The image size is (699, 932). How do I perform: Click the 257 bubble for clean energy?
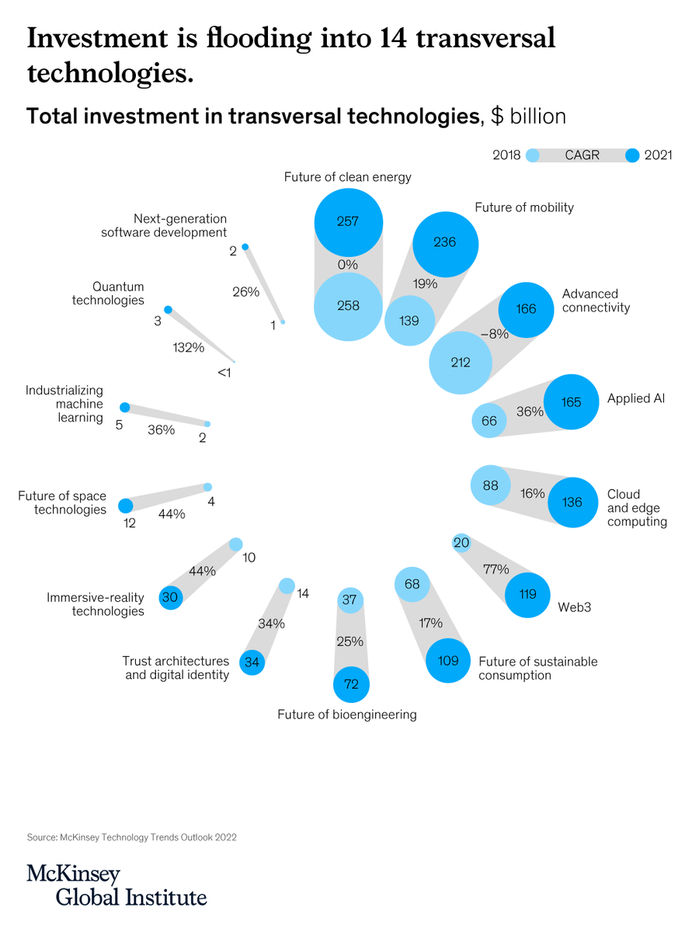point(348,221)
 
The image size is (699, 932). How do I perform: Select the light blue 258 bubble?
point(348,305)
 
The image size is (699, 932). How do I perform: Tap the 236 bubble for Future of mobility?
point(444,242)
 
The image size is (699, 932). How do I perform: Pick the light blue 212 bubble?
point(461,362)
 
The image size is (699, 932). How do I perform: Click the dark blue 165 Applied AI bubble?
point(571,402)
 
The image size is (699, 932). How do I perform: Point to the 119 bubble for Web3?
point(527,595)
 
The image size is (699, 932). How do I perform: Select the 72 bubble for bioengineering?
point(351,684)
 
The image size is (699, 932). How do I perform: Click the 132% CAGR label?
point(188,347)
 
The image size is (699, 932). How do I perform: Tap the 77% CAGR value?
point(496,569)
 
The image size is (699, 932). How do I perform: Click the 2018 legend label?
point(506,155)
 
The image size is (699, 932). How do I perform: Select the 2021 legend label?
point(658,155)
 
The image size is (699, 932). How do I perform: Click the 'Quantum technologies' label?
point(108,294)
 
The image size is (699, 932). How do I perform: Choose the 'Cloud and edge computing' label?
point(637,508)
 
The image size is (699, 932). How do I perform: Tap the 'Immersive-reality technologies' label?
point(96,604)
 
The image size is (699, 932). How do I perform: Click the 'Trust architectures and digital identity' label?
point(176,668)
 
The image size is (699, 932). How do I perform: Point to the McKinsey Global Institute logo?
point(116,885)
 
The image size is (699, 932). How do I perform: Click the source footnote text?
point(131,837)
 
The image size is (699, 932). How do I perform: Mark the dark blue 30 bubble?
point(170,597)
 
